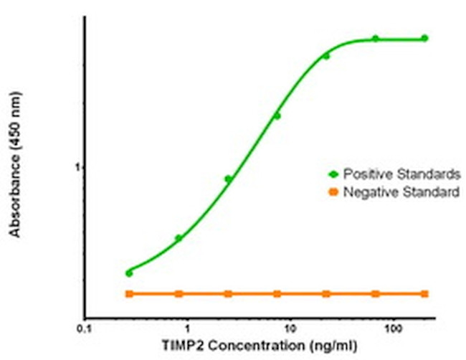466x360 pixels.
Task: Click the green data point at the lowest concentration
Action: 129,273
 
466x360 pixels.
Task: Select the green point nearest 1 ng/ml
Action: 179,238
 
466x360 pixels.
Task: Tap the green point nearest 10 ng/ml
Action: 277,115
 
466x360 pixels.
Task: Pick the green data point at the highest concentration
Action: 424,38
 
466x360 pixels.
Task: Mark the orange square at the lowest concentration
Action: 129,293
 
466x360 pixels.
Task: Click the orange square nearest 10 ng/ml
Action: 277,293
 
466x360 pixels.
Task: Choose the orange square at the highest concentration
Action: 424,293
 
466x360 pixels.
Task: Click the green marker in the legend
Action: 333,174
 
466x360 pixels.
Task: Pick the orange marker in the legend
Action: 333,191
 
